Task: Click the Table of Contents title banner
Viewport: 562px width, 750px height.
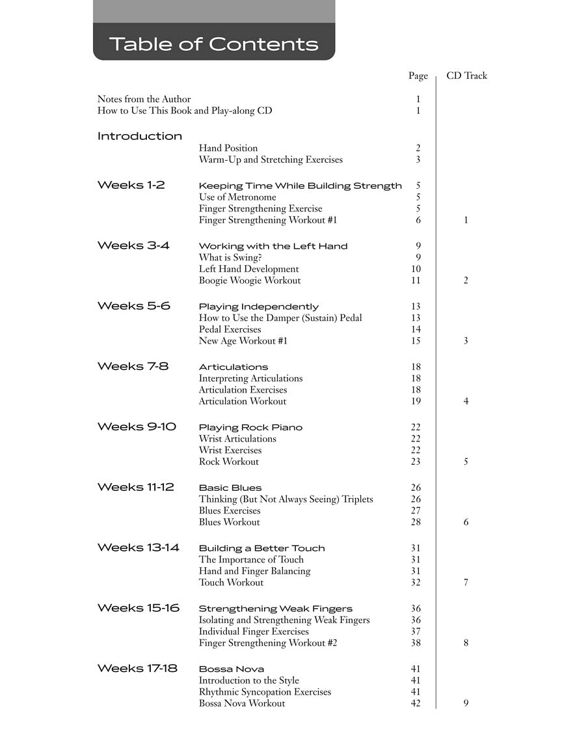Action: click(x=214, y=44)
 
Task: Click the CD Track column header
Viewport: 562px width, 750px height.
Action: click(x=466, y=76)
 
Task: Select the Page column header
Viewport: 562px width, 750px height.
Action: click(x=418, y=76)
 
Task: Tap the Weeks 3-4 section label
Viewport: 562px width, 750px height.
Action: click(x=133, y=245)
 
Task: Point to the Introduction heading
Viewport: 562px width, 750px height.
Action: click(x=140, y=136)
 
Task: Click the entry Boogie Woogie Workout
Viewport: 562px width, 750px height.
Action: click(x=250, y=281)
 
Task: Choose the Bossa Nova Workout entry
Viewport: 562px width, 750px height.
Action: click(x=242, y=703)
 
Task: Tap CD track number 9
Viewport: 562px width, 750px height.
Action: click(x=466, y=703)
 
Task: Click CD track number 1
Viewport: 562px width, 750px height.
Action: click(x=466, y=220)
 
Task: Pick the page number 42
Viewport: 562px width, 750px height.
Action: click(x=416, y=703)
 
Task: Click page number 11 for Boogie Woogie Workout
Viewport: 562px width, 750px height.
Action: click(x=416, y=281)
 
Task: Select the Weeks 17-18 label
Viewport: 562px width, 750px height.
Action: click(x=137, y=669)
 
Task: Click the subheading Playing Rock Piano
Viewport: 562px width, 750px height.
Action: click(x=250, y=427)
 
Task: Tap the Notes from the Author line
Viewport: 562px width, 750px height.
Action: click(x=144, y=99)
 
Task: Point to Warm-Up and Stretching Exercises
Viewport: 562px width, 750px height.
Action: click(x=271, y=160)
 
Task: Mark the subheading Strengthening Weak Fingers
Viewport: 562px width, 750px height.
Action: click(x=276, y=609)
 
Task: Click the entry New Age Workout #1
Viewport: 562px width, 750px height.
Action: click(x=243, y=340)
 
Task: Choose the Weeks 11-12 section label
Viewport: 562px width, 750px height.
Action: click(x=136, y=487)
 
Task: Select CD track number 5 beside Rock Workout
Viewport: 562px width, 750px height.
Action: click(x=466, y=462)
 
